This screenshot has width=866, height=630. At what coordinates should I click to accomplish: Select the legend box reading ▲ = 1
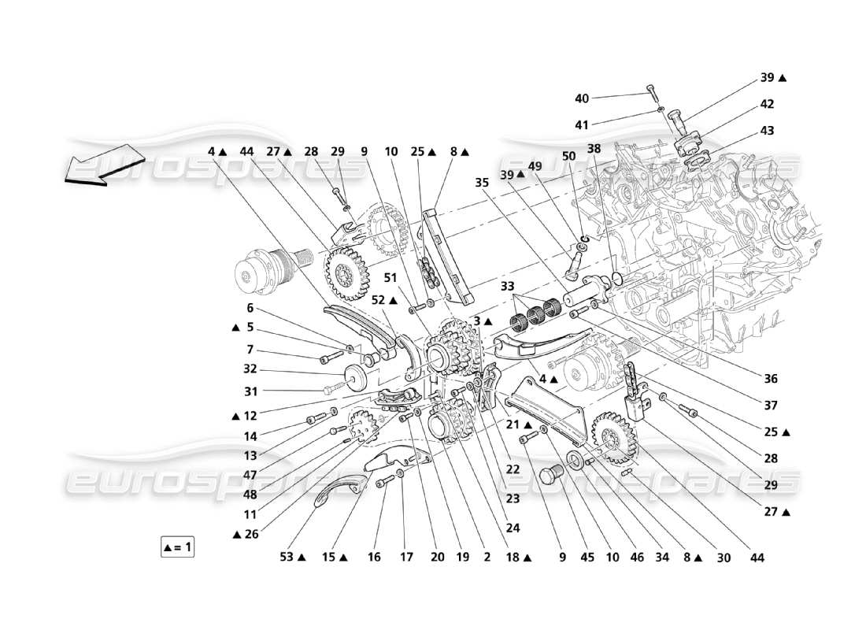tap(177, 546)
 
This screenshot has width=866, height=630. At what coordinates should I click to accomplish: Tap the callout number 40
tap(582, 99)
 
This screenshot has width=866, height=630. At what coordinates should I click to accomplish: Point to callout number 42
tap(767, 103)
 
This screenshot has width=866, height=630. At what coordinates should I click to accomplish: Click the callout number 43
tap(767, 130)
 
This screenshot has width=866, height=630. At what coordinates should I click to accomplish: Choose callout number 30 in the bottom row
tap(724, 558)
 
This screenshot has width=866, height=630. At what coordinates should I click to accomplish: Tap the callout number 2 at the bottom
tap(487, 558)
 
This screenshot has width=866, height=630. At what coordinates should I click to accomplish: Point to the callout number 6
tap(250, 308)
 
